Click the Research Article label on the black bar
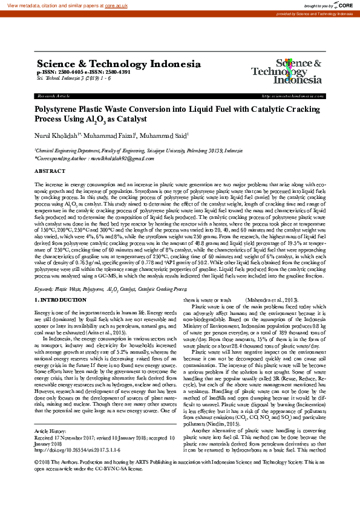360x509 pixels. [x=54, y=96]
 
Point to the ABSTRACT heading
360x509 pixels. [x=50, y=172]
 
